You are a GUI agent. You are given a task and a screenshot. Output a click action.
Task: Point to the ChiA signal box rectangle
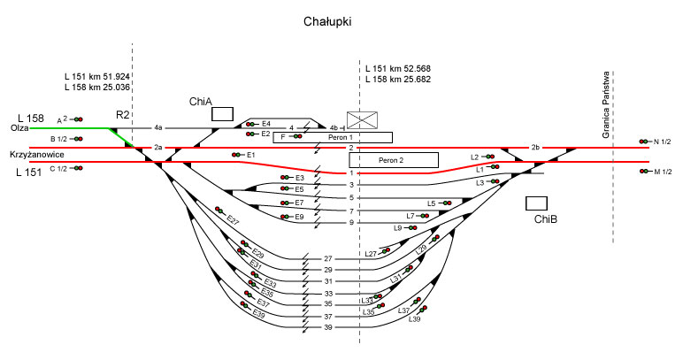tap(222, 113)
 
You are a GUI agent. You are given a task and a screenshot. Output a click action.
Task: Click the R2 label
tap(123, 115)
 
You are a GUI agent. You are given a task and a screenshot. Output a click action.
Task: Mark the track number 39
tap(327, 327)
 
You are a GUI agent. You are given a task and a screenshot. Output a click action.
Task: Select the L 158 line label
tap(31, 118)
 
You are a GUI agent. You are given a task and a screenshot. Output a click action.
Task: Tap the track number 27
tap(327, 258)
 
